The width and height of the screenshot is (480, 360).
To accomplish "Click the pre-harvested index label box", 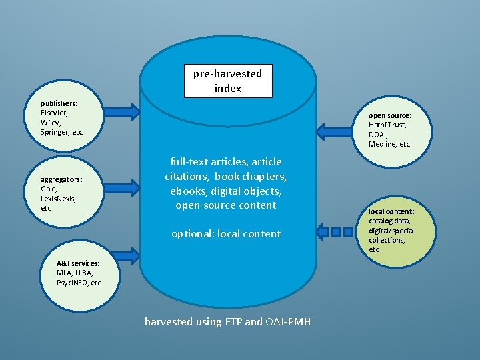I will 227,81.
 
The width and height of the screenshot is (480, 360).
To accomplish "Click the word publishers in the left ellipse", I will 59,104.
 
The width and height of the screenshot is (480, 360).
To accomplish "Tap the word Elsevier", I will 53,113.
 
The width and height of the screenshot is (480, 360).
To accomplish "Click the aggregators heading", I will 61,179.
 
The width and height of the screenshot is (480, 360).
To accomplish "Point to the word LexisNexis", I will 58,199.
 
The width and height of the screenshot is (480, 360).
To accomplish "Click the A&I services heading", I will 79,263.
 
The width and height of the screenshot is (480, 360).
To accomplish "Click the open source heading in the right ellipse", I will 390,115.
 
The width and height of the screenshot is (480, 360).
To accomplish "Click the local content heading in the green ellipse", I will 391,211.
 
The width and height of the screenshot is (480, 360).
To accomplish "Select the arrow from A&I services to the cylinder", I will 119,255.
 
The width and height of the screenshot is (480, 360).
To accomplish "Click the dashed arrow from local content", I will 337,233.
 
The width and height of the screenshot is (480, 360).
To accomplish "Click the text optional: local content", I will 226,233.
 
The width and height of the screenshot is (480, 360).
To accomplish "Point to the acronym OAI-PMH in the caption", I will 288,322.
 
